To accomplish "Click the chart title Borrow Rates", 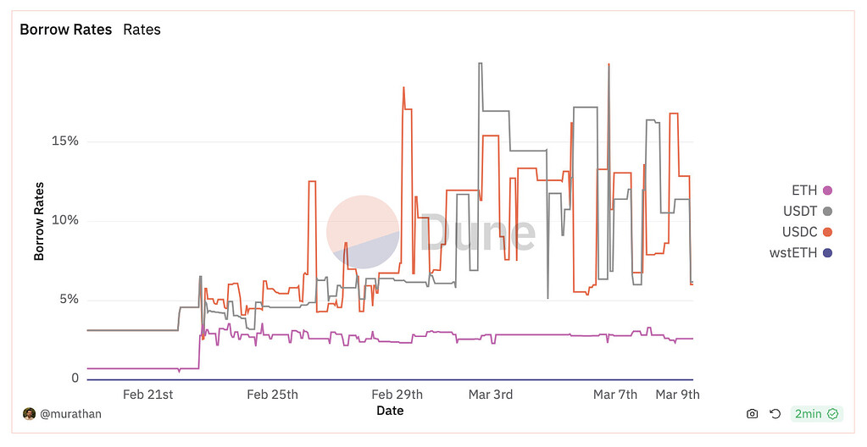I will point(66,30).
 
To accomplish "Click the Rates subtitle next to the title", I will point(142,30).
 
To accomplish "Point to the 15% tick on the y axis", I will point(64,141).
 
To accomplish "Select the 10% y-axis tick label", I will point(64,220).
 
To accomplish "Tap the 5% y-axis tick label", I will point(68,299).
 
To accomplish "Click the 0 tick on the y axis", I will point(75,378).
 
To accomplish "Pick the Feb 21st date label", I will point(148,395).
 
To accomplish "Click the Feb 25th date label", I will point(272,395).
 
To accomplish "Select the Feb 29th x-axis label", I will point(397,395).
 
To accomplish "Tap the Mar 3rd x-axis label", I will point(491,395).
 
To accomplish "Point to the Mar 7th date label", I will point(614,395).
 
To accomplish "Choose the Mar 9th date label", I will point(677,395).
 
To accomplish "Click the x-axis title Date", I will point(390,411).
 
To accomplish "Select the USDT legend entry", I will point(800,211).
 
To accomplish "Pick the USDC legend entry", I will point(800,231).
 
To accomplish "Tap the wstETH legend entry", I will point(795,252).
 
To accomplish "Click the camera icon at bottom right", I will point(752,414).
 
